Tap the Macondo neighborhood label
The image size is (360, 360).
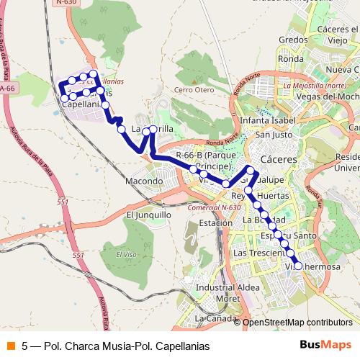coord(144,181)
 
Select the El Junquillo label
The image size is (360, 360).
coord(149,214)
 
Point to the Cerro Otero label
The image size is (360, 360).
coord(194,90)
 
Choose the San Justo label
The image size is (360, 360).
coord(273,134)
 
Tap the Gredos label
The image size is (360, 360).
coord(293,40)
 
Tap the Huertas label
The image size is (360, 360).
coord(272,195)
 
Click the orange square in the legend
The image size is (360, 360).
coord(10,346)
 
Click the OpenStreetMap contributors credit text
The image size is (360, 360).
coord(297,323)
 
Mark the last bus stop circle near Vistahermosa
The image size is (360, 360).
coord(298,266)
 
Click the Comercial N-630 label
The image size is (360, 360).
coord(214,207)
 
